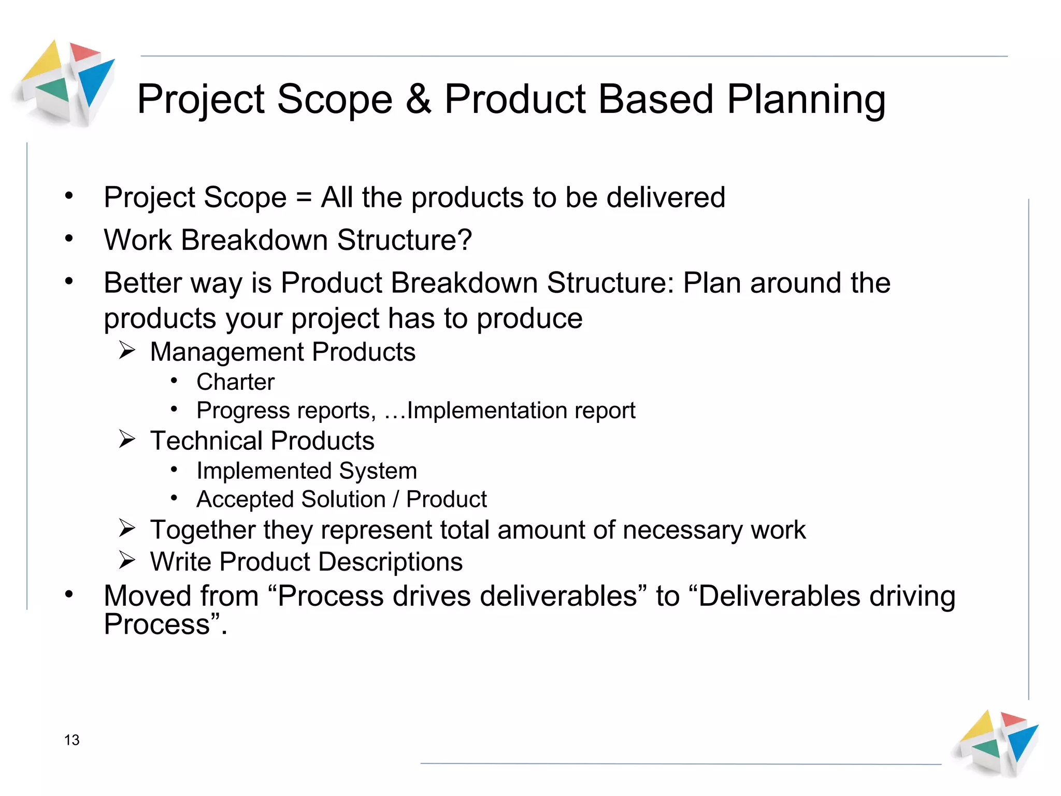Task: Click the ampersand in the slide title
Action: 418,99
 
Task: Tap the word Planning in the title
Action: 806,100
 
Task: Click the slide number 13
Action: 71,740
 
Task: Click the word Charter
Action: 235,382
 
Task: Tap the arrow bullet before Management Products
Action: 127,351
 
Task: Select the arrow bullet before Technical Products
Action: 127,439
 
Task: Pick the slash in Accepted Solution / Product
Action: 396,500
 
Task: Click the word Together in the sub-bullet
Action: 203,530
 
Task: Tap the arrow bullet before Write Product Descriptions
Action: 127,560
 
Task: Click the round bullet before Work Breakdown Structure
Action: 69,238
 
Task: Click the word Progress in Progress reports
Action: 239,411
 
